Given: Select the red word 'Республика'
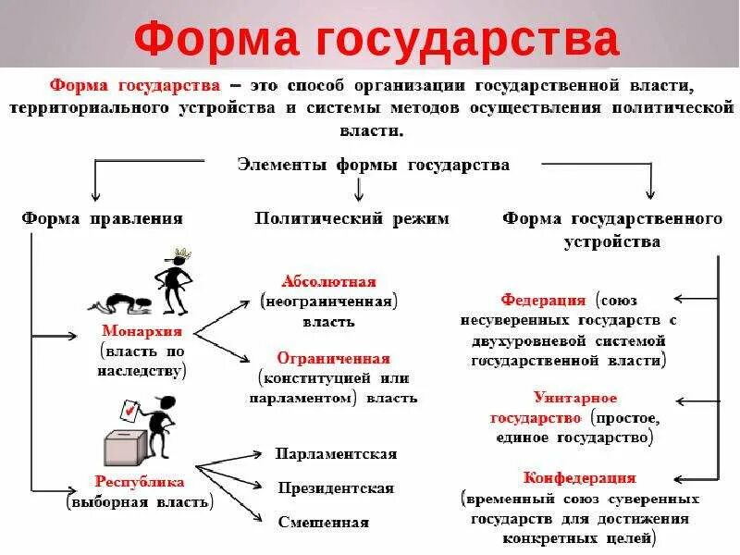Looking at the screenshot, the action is coord(140,482).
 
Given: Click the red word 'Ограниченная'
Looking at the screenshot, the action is coord(333,358).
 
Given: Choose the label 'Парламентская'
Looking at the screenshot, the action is coord(336,454).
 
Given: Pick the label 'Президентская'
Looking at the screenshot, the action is coord(336,487).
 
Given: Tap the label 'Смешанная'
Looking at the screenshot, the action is coord(324,522).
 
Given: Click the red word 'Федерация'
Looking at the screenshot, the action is coord(543,301).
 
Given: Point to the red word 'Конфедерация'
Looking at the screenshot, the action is coord(579,478).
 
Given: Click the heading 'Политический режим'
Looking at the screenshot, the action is coord(351,219).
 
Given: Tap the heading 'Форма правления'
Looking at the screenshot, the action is coord(102,219).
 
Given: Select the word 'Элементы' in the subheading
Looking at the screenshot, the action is coord(271,165).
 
